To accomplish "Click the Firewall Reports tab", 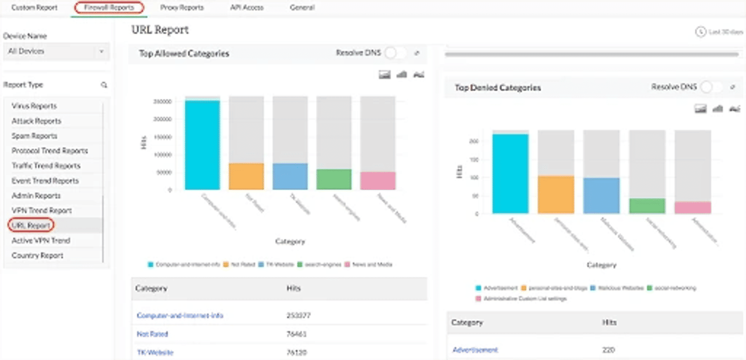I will click(109, 7).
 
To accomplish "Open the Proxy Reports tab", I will click(182, 7).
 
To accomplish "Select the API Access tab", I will click(247, 7).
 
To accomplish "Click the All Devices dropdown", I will click(56, 51).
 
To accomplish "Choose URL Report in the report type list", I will click(31, 225).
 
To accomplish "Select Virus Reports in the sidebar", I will click(34, 106).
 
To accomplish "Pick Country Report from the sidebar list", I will click(37, 255).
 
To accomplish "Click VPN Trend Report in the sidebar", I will click(42, 210).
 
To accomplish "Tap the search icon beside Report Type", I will click(104, 85).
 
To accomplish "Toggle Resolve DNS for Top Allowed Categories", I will click(395, 53).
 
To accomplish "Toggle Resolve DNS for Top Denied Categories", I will click(711, 87).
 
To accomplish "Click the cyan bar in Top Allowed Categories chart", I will click(202, 145).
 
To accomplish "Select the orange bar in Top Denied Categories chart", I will click(556, 194).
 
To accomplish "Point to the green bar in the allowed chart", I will click(334, 179).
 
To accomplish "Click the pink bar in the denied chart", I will click(693, 207).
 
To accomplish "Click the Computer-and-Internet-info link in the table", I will click(180, 315).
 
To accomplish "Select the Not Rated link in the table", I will click(152, 334).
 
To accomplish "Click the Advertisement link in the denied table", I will click(475, 350).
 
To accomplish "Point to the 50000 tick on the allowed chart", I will click(164, 172).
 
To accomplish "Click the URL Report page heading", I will click(160, 30).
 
